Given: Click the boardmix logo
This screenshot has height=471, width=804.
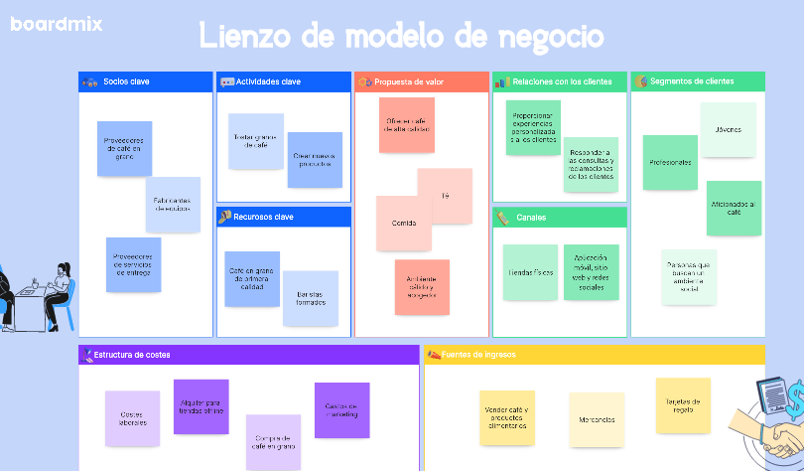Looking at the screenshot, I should point(57,24).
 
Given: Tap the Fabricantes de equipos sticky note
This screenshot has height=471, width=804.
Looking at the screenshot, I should point(173,205).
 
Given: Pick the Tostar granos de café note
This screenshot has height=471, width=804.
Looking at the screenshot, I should point(255,140).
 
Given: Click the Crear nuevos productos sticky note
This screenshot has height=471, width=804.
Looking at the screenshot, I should point(315,159).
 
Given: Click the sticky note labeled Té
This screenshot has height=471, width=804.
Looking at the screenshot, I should point(445,196).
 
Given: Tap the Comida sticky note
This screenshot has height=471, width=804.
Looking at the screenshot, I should point(403,223).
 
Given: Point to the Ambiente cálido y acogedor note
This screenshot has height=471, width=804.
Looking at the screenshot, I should point(422,286).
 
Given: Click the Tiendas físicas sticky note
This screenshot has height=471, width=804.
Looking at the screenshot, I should point(530,271).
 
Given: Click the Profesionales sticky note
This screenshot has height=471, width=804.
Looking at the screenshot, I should point(670,162).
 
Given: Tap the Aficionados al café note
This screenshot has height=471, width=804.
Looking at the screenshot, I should point(734,208).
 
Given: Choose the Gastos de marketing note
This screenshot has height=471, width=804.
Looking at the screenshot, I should point(341,409).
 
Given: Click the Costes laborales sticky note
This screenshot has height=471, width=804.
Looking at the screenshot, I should point(132,418).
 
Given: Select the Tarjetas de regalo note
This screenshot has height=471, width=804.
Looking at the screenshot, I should point(683,405).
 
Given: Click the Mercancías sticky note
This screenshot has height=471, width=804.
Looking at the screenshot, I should point(597,419).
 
